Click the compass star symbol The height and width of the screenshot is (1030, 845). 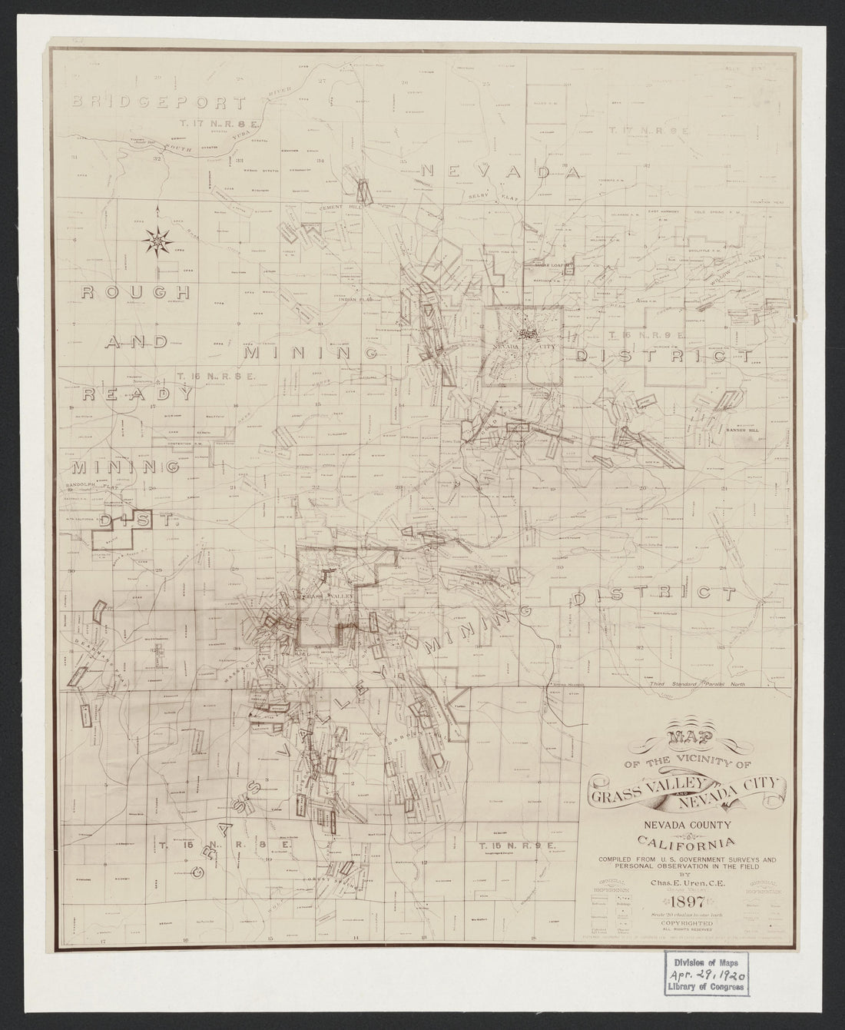[x=157, y=241]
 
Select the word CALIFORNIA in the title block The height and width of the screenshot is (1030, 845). [x=684, y=842]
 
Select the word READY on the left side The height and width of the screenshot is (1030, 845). [x=138, y=394]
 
